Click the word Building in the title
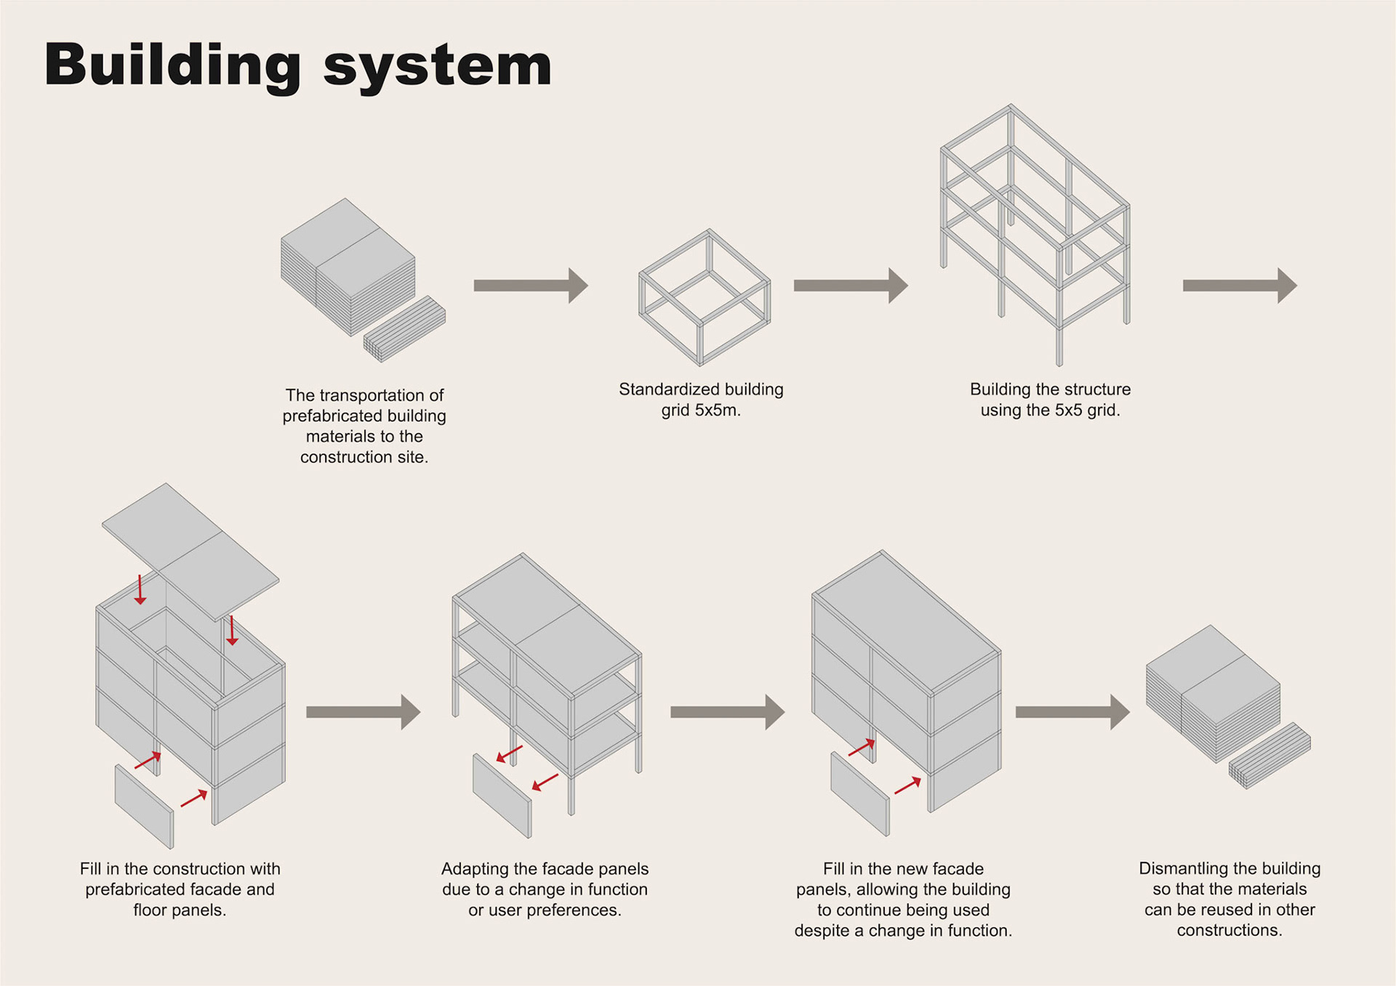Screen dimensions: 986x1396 [172, 65]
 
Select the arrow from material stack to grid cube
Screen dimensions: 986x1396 [530, 286]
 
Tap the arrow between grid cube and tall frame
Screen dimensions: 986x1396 [850, 286]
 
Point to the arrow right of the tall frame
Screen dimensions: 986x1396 [1239, 286]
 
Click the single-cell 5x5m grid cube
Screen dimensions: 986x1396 [704, 298]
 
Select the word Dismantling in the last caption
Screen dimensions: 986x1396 [1182, 868]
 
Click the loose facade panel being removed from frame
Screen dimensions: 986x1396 [502, 796]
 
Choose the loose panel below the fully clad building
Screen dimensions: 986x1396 [859, 794]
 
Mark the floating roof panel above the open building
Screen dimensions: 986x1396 [190, 551]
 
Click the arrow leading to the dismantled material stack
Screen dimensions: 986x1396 [1072, 712]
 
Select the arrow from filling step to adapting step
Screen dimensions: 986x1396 [363, 712]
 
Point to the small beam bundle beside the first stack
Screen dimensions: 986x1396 [405, 328]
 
